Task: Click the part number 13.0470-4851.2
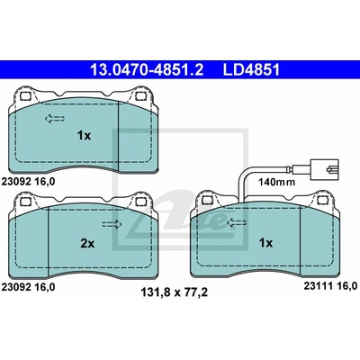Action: pos(147,69)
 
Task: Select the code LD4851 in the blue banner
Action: pos(251,69)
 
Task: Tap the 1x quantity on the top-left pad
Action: pos(84,136)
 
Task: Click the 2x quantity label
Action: pos(87,244)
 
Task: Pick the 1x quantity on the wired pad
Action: pos(265,243)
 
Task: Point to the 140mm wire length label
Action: pos(277,182)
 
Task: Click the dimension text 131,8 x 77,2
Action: pos(175,292)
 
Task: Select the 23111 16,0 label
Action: pos(330,286)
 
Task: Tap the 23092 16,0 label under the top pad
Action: pos(29,182)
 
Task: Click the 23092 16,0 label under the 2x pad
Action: pos(29,287)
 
